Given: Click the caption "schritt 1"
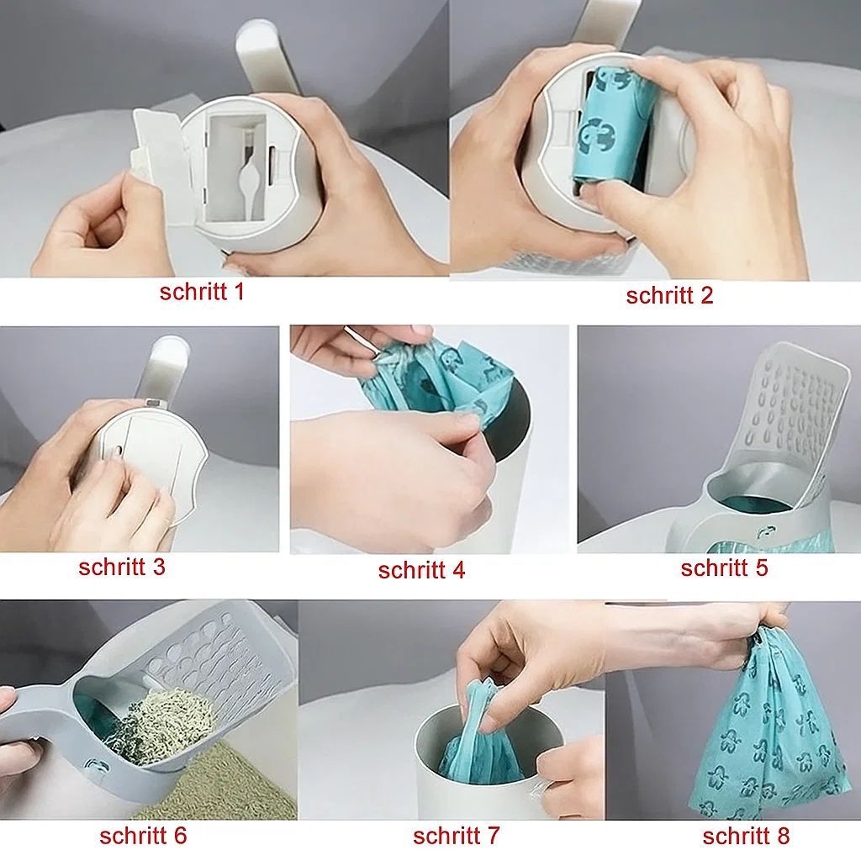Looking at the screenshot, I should coord(202,293).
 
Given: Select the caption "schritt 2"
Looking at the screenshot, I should coord(669,296).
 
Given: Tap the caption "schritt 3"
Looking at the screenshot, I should coord(122,567).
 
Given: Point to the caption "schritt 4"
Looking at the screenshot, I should coord(421,570).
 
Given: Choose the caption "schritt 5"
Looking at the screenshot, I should coord(724,568).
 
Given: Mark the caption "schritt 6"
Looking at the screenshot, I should coord(143,836).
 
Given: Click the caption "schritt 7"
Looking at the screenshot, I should coord(456,836).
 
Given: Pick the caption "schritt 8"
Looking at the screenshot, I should coord(746,836).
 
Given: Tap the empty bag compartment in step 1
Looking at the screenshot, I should coord(240,168).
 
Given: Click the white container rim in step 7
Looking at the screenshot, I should coord(437,723).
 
